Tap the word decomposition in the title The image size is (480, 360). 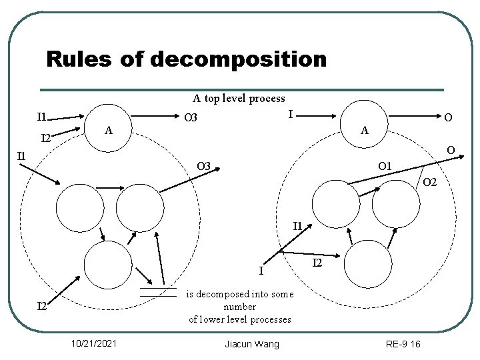239,60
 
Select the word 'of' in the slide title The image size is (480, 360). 131,60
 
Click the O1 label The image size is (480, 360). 385,166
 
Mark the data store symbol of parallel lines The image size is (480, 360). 158,291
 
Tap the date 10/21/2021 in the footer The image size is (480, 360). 95,343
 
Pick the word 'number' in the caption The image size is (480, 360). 239,307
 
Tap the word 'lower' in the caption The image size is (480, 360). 213,319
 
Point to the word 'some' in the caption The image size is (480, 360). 280,293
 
